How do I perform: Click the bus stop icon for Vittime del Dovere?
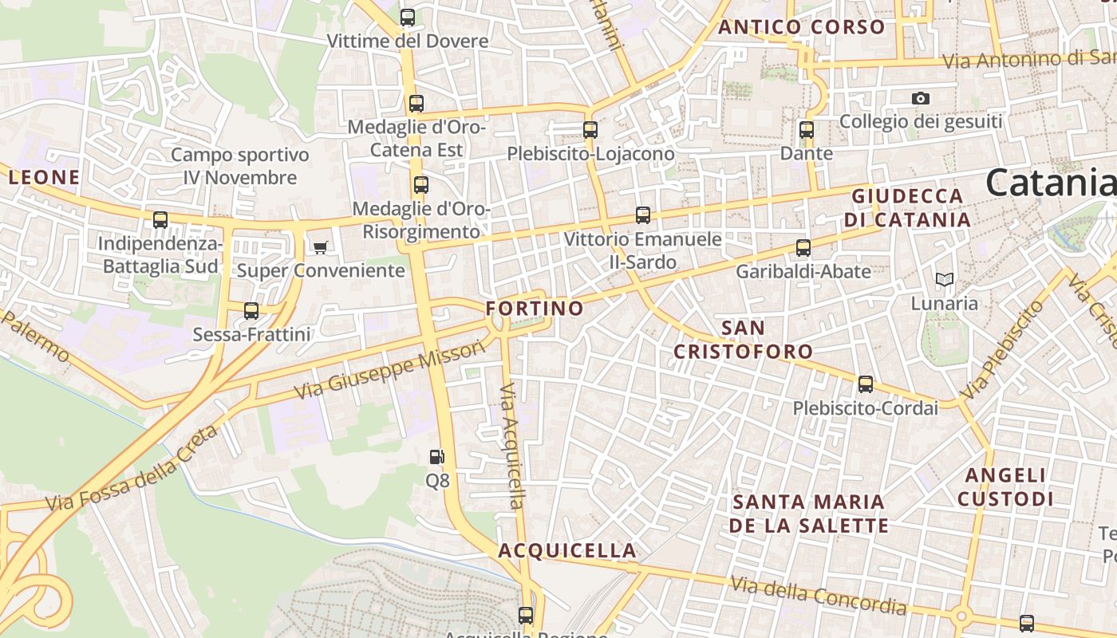(408, 17)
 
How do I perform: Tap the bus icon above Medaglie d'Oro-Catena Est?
(416, 103)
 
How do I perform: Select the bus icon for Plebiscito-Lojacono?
(590, 129)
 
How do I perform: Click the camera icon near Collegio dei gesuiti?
(921, 98)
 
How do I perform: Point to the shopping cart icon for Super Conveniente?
(320, 247)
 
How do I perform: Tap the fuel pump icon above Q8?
(437, 457)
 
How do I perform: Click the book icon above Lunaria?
(945, 279)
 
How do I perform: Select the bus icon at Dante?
(807, 129)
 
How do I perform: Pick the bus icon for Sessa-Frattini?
(251, 310)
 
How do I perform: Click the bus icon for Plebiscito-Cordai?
(866, 384)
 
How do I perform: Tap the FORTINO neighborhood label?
(535, 309)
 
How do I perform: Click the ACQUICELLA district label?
(567, 550)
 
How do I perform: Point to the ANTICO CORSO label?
(801, 27)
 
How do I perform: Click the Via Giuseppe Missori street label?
(389, 369)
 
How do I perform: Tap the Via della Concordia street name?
(819, 596)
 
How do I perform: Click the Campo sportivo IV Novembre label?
(239, 166)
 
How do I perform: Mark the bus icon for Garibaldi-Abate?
(803, 248)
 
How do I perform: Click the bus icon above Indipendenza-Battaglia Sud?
(160, 220)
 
